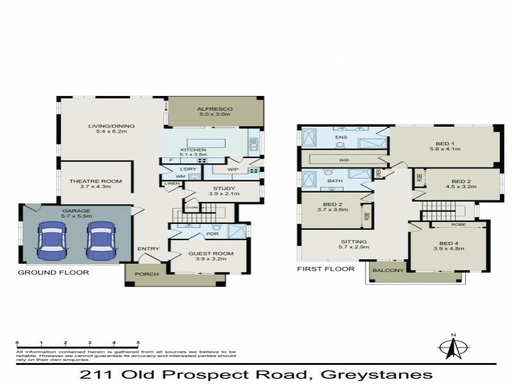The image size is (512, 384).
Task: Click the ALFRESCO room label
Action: click(214, 109)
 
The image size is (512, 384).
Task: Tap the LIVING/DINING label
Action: click(108, 126)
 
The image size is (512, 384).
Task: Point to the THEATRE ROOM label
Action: click(95, 181)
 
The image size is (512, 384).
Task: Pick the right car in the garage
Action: click(100, 241)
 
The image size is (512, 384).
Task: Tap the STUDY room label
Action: click(222, 189)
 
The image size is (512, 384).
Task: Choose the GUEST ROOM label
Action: click(211, 253)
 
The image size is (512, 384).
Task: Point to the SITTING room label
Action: click(353, 242)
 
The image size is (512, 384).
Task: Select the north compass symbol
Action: click(453, 347)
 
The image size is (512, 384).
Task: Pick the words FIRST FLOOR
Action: click(326, 269)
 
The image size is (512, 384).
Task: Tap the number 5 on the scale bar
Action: click(138, 343)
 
